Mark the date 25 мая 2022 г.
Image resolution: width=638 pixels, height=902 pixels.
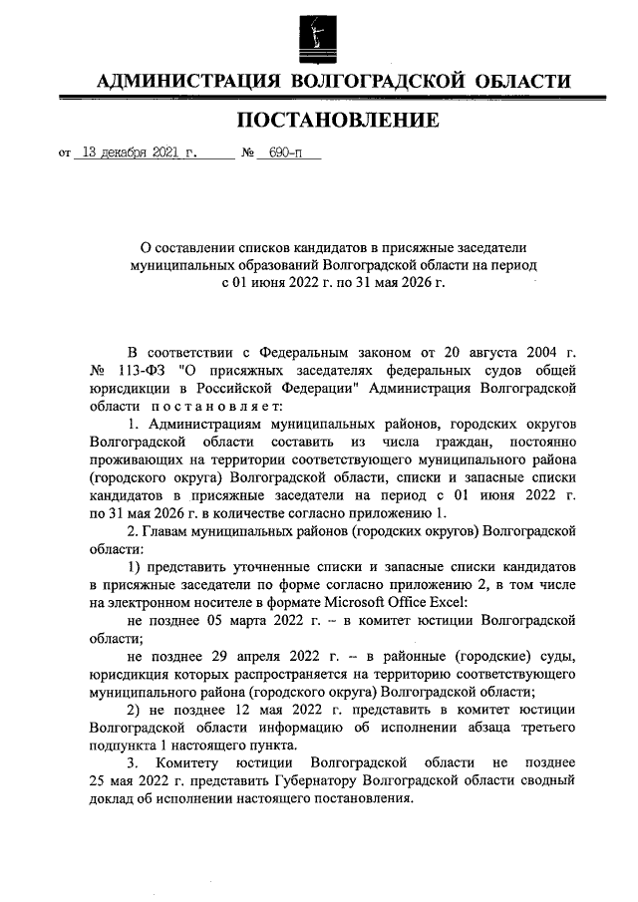[x=139, y=781]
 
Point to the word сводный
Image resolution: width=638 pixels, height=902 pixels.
[x=548, y=781]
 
